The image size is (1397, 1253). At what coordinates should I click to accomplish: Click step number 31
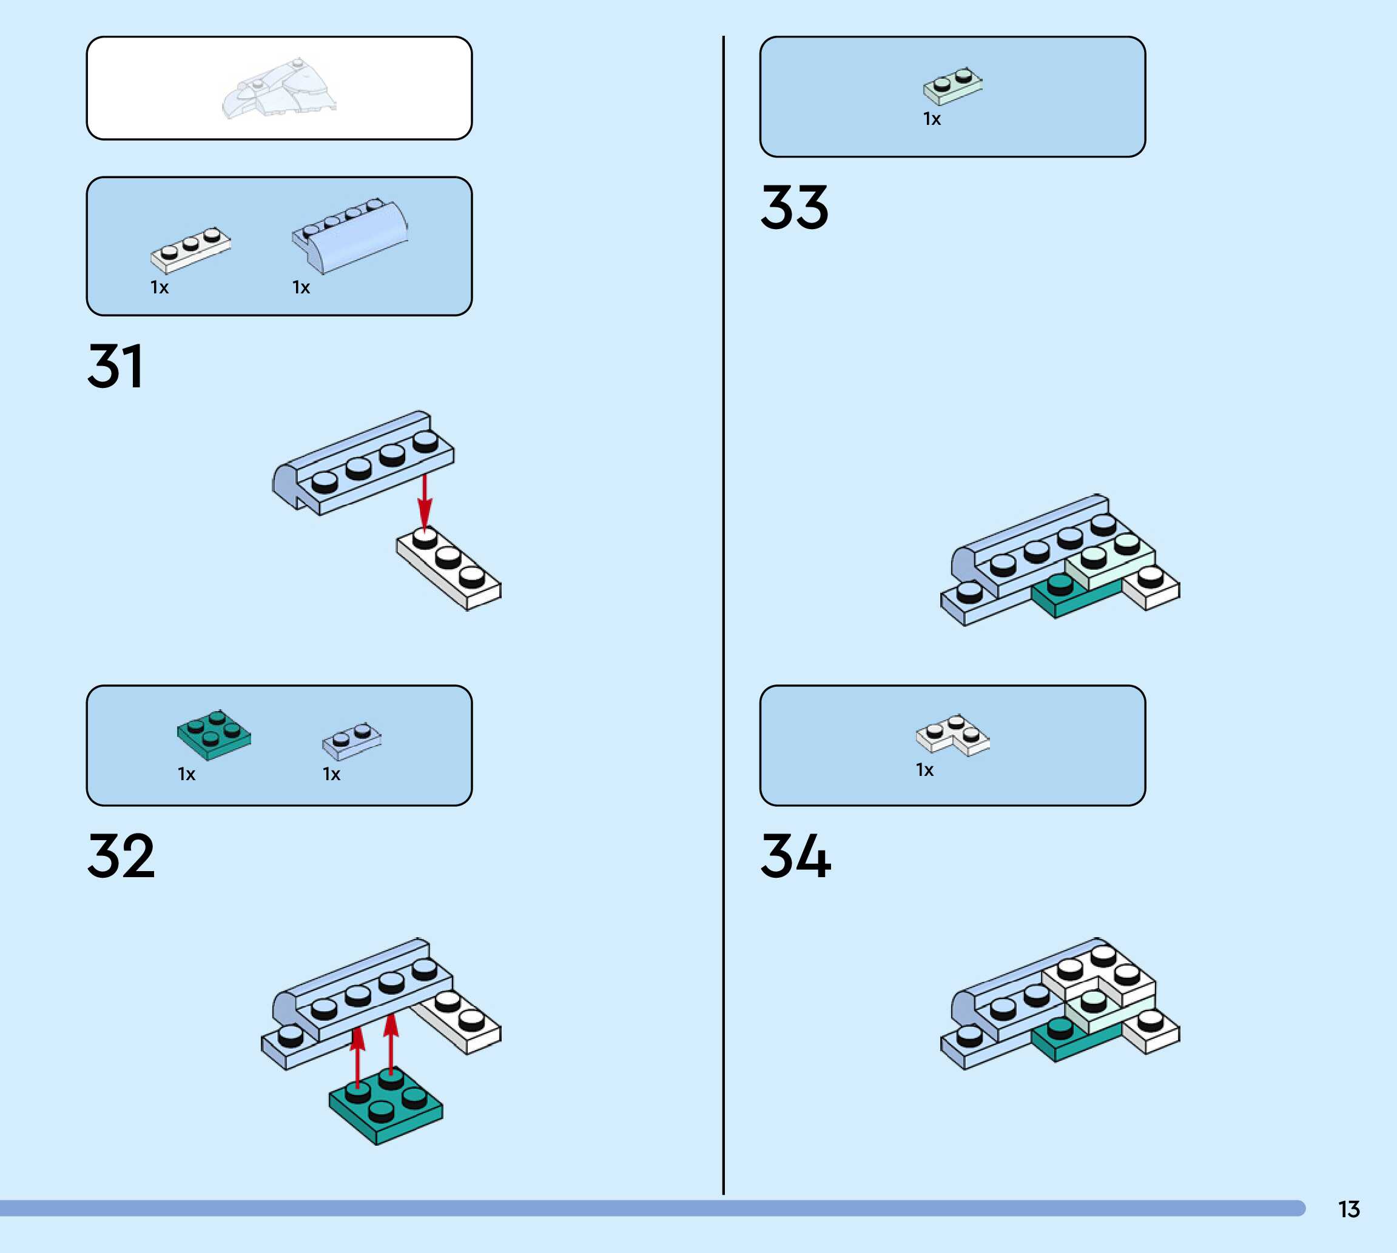point(115,366)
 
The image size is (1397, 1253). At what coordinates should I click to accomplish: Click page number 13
point(1349,1209)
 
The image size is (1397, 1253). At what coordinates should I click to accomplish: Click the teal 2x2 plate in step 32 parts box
point(214,735)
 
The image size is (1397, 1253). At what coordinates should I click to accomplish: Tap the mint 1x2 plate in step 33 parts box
point(953,86)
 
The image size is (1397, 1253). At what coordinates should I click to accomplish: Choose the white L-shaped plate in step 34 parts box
point(953,735)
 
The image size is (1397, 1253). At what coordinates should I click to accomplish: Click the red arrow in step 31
point(425,501)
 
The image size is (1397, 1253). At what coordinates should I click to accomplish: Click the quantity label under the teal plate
point(187,775)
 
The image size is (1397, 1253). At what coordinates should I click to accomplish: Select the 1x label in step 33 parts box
point(932,119)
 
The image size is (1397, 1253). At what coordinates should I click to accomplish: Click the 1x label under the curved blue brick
point(301,287)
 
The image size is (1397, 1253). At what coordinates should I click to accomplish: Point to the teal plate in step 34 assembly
point(1075,1040)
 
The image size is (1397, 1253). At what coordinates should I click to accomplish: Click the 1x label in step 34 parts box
point(925,770)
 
